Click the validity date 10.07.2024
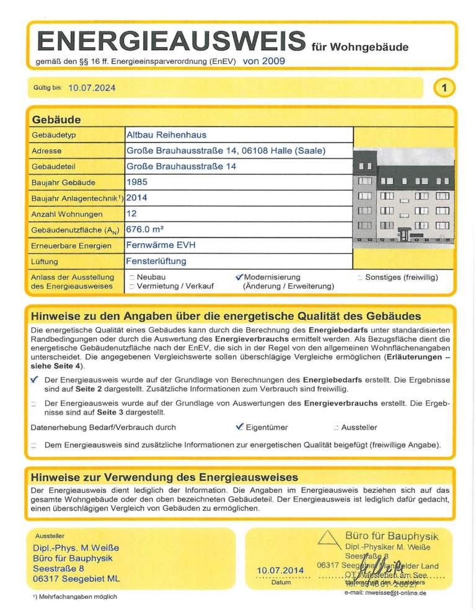coord(92,88)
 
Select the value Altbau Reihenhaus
coord(166,134)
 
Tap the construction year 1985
coord(137,182)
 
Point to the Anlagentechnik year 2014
coord(137,198)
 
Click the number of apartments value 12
coord(132,214)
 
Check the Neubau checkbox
coord(131,278)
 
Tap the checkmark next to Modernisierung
coord(239,277)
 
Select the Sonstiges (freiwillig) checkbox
coord(361,278)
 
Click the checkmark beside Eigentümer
coord(239,427)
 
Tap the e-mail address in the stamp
coord(385,594)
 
